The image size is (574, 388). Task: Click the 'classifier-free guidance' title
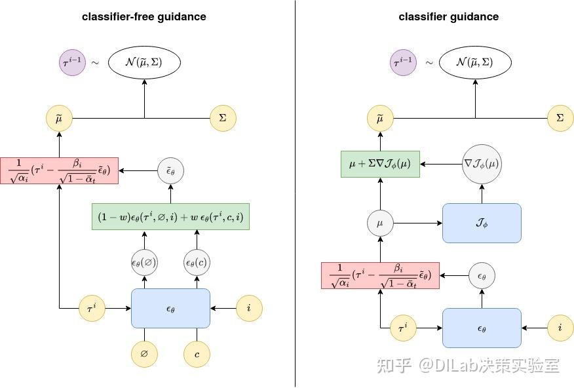[x=143, y=17]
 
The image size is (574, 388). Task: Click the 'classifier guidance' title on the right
[x=448, y=17]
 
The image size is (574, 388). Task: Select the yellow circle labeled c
[x=197, y=354]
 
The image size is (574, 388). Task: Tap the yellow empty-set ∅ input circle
[x=144, y=354]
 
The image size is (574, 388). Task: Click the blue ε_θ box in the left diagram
[x=170, y=308]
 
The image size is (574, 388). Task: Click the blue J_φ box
[x=482, y=223]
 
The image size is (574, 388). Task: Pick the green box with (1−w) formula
[x=170, y=217]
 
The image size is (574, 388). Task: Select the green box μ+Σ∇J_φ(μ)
[x=380, y=164]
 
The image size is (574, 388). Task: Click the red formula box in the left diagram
[x=59, y=170]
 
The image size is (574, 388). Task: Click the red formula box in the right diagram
[x=380, y=275]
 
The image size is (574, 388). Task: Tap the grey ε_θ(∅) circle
[x=144, y=263]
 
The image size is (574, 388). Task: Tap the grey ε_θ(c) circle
[x=197, y=263]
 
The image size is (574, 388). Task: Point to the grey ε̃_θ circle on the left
[x=171, y=171]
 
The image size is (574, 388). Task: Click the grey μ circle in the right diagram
[x=380, y=223]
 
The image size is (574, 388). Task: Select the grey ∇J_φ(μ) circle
[x=482, y=164]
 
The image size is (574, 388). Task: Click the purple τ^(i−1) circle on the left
[x=72, y=63]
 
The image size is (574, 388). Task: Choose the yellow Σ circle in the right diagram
[x=560, y=119]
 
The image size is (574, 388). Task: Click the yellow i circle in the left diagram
[x=249, y=308]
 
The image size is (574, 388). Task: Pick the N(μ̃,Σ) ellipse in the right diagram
[x=474, y=63]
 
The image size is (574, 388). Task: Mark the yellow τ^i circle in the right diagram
[x=402, y=328]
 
